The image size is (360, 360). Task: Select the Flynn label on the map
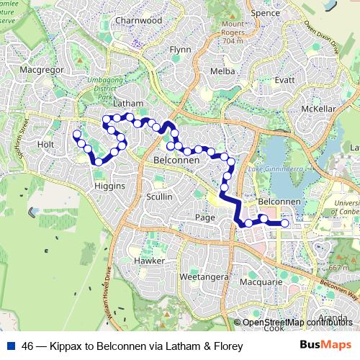coord(179,50)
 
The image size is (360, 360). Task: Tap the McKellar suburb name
coord(319,109)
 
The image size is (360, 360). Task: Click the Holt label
coord(46,144)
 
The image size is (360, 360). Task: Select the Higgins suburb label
coord(110,186)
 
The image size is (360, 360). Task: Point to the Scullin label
coord(159,197)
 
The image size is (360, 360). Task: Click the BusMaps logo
coord(325,345)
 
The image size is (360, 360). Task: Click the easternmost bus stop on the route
coord(285,224)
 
